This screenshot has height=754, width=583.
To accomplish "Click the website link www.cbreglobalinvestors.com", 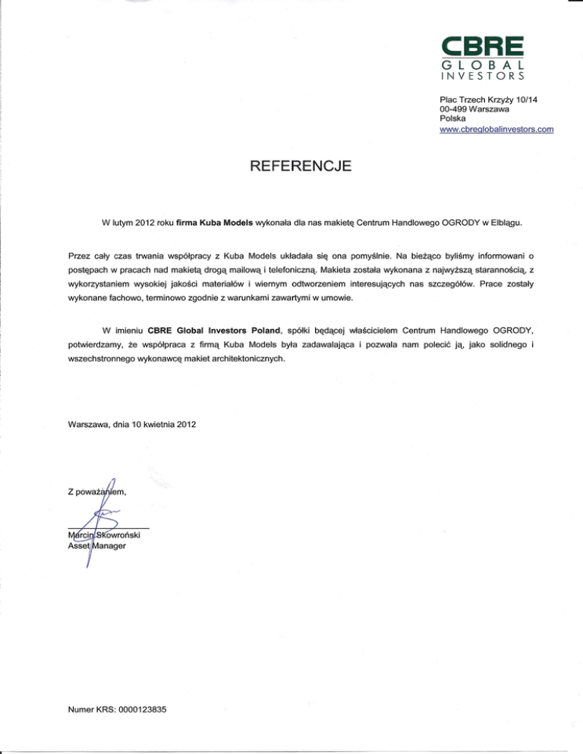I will pyautogui.click(x=496, y=130).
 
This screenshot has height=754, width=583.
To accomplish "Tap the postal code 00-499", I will pyautogui.click(x=455, y=110).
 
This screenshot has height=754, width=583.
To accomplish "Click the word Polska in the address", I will pyautogui.click(x=453, y=120).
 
